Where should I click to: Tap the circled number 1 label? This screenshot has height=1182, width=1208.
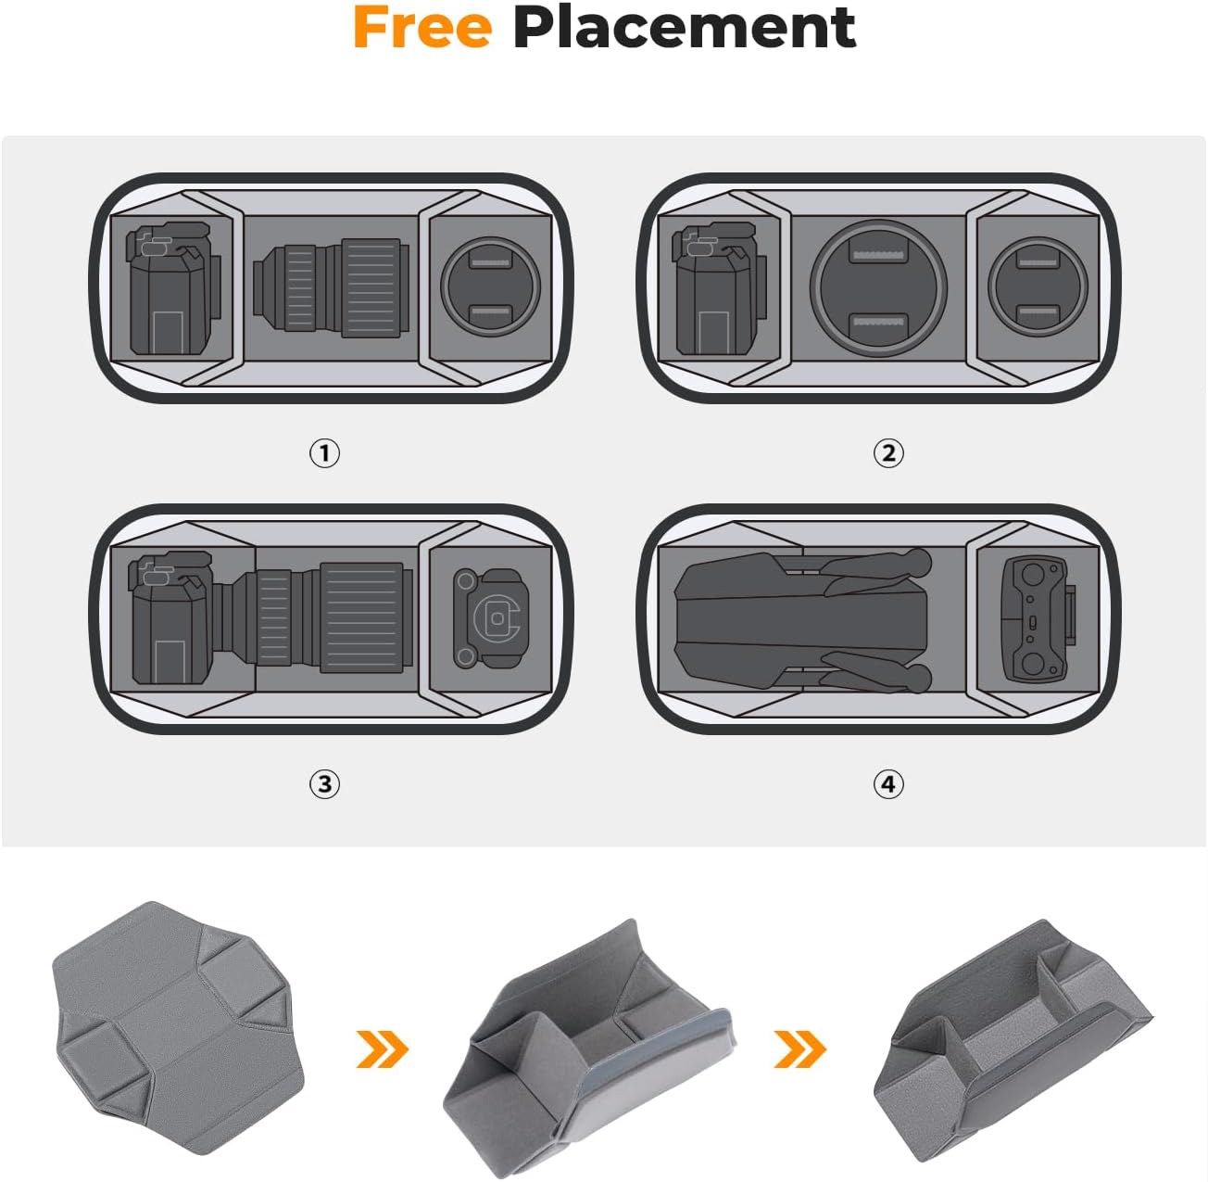(x=324, y=453)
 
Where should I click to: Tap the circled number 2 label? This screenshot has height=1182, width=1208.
(x=888, y=453)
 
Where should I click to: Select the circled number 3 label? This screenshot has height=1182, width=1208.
(x=324, y=784)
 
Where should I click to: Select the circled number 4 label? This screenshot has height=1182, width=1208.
(x=888, y=784)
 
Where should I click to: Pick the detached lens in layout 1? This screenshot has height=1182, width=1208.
(x=331, y=287)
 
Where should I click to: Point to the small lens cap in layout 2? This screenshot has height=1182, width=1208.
(x=1037, y=287)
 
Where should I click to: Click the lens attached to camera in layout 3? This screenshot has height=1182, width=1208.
(x=320, y=617)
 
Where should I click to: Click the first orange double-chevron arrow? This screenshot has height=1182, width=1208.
(x=382, y=1049)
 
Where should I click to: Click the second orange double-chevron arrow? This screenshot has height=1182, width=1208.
(x=799, y=1049)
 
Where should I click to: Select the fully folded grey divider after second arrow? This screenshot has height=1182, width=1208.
(x=1010, y=1038)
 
